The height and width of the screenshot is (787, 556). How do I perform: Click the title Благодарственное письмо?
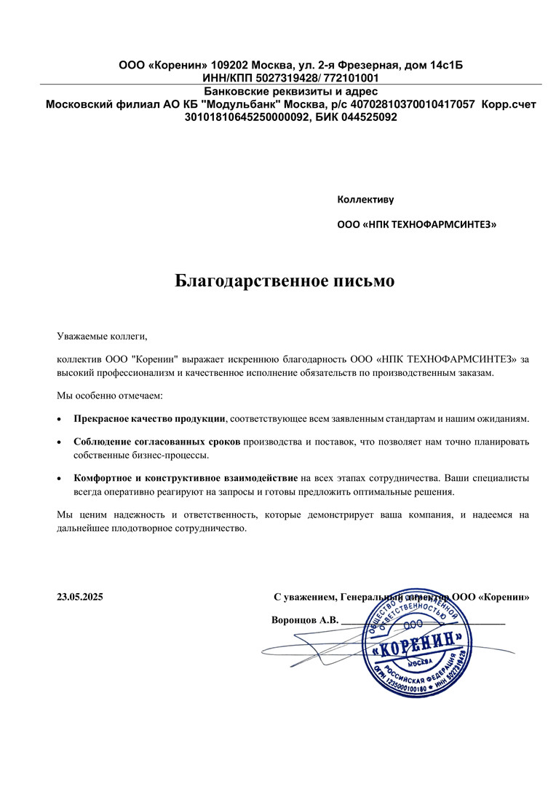[x=285, y=281]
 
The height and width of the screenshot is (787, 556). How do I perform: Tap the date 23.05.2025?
[x=80, y=597]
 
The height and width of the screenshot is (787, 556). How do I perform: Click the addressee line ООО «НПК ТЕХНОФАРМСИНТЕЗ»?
[x=417, y=225]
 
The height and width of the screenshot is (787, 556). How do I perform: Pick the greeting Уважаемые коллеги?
[x=102, y=337]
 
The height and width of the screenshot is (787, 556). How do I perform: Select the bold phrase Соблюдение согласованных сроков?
[x=156, y=442]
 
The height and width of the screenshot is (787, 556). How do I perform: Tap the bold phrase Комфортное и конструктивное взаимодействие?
[x=186, y=478]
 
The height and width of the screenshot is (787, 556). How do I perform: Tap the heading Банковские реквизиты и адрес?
[x=290, y=92]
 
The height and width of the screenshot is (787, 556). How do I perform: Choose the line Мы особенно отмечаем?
[x=110, y=396]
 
